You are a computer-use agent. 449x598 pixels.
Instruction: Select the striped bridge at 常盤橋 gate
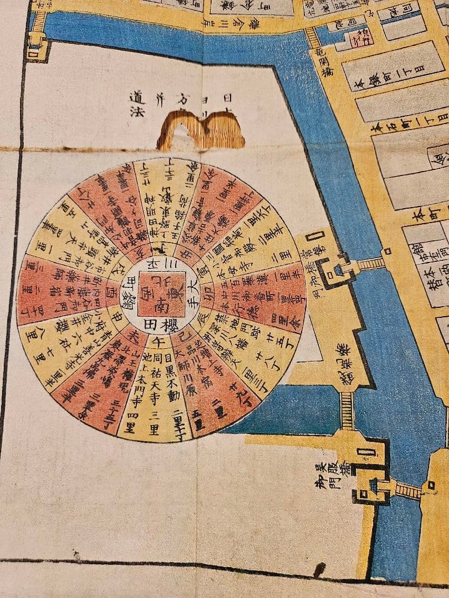pyautogui.click(x=369, y=264)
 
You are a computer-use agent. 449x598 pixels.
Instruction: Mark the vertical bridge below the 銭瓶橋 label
pyautogui.click(x=347, y=410)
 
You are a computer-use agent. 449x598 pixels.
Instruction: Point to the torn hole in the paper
pyautogui.click(x=200, y=130)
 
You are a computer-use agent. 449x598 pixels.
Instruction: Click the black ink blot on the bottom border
pyautogui.click(x=319, y=569)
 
